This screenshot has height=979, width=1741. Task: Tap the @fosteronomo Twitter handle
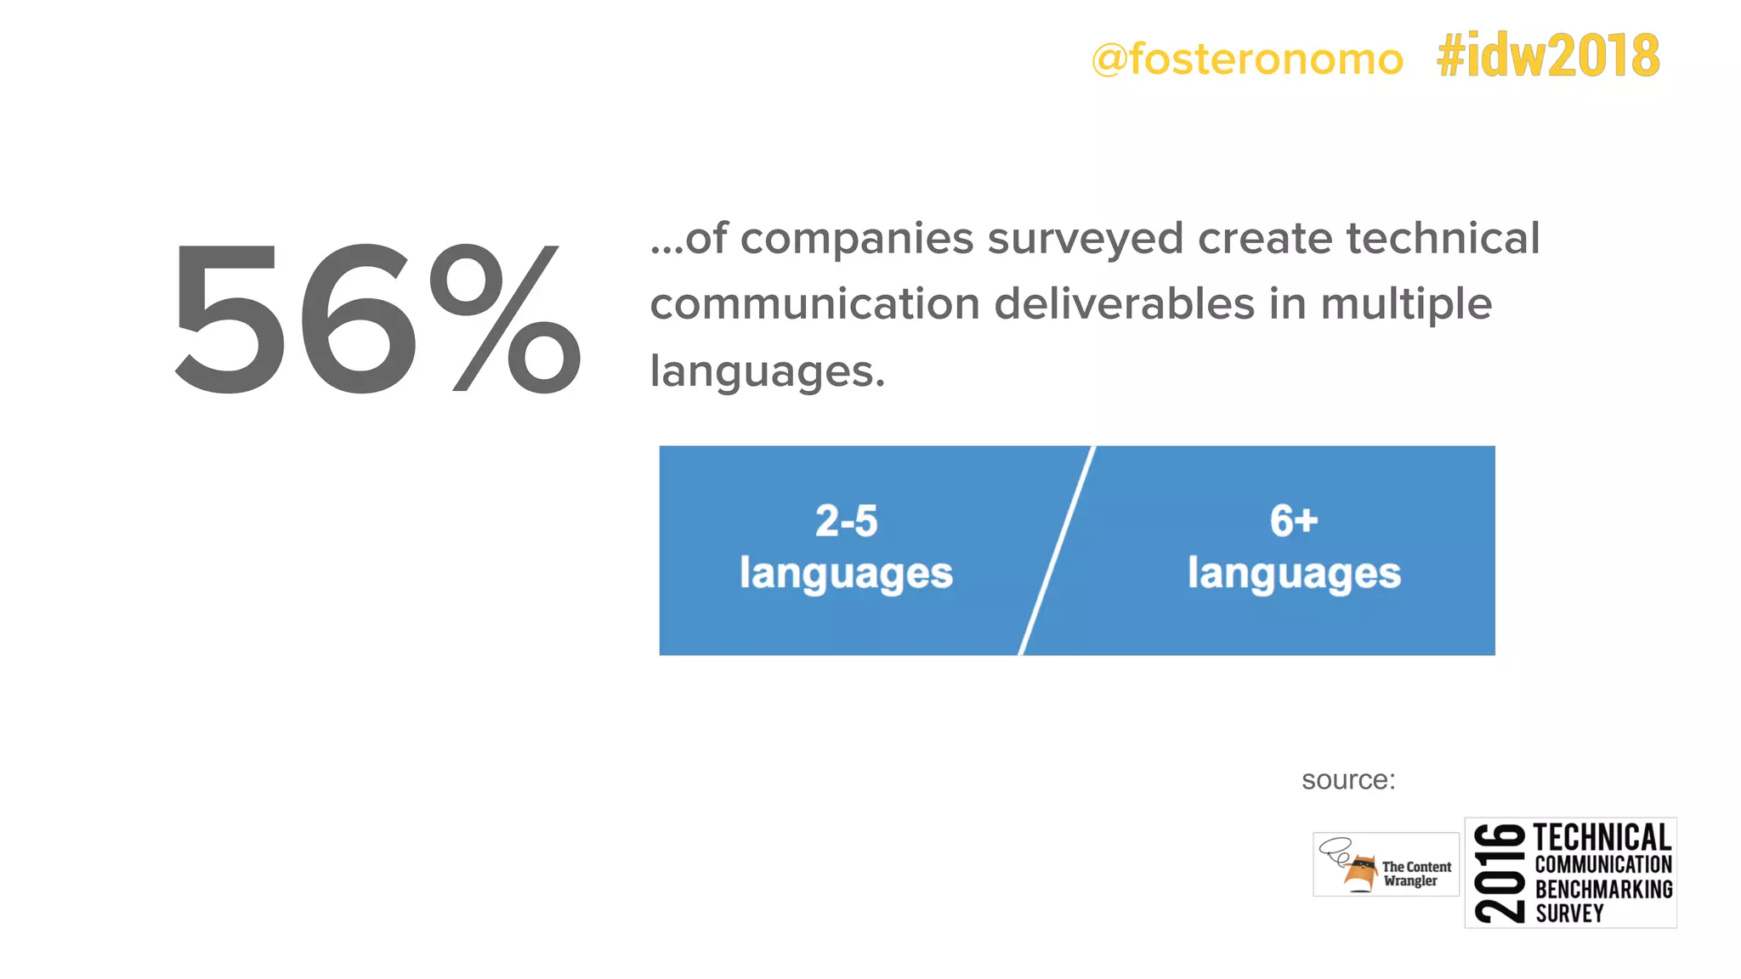click(x=1247, y=59)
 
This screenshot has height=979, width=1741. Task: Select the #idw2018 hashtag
click(x=1548, y=56)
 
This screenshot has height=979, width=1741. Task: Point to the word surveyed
click(x=1086, y=240)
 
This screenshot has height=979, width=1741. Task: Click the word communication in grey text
click(x=814, y=304)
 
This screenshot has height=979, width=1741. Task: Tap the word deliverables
click(x=1124, y=304)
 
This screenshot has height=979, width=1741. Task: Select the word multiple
click(x=1406, y=306)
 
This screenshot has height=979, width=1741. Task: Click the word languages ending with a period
click(x=767, y=372)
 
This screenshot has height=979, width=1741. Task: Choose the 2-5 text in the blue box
click(x=846, y=521)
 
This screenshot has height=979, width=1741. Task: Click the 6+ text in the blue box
click(x=1294, y=521)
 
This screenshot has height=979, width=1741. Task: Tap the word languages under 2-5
click(x=846, y=574)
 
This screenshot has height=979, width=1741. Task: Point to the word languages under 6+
click(x=1294, y=574)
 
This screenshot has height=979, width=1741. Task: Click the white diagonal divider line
click(x=1057, y=551)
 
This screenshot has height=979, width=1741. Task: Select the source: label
click(x=1348, y=780)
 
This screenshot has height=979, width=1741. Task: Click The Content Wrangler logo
click(x=1386, y=864)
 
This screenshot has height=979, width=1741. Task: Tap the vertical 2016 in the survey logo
click(x=1500, y=873)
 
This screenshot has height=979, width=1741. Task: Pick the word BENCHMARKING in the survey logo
click(x=1603, y=890)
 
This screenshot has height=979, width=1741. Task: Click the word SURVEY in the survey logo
click(x=1569, y=914)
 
